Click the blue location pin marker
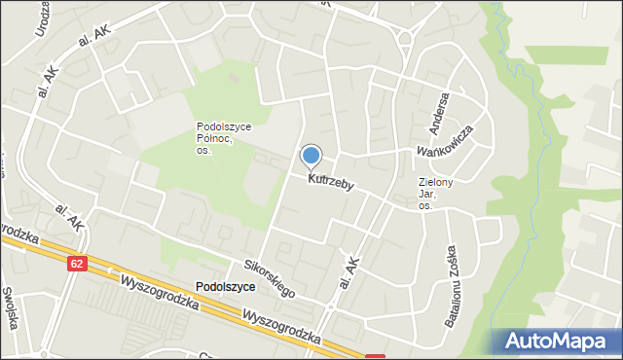click(311, 156)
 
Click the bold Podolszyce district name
click(225, 287)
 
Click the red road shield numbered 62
click(78, 263)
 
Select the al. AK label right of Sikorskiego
click(348, 274)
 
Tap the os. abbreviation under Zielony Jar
click(425, 206)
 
